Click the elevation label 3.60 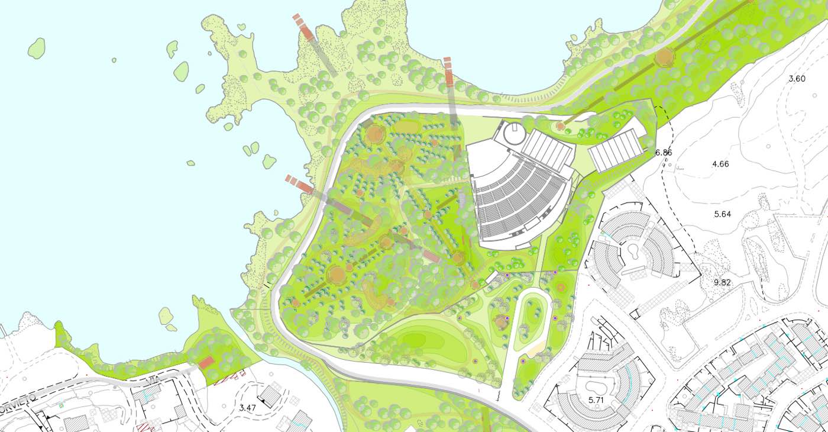pos(797,79)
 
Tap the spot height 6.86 pos(664,153)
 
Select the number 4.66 pos(720,164)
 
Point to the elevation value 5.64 pos(723,214)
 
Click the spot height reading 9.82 pos(722,283)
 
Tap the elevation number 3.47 pos(248,408)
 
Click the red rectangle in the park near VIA pos(206,362)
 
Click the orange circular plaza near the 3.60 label pos(665,57)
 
